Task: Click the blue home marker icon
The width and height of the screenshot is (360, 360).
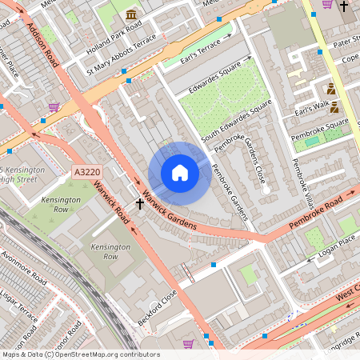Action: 179,173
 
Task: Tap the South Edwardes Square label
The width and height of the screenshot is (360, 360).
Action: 238,125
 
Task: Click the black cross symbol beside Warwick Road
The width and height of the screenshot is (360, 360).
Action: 140,204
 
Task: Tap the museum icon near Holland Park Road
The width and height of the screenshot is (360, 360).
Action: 130,14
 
